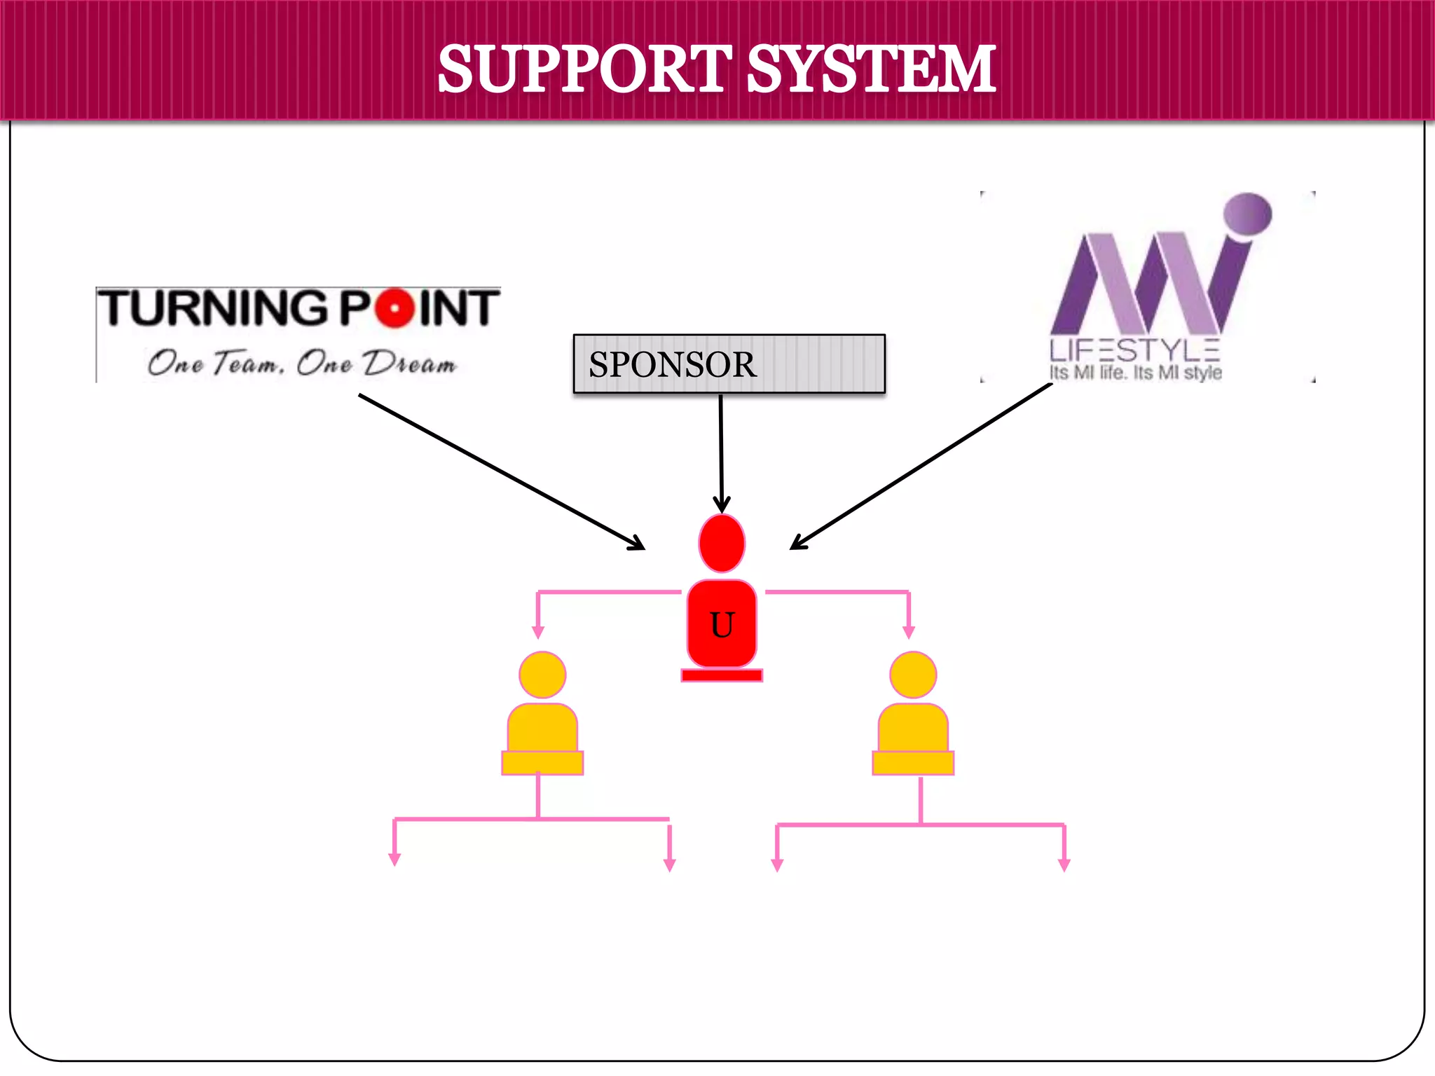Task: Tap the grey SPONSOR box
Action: point(729,364)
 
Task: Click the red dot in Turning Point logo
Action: point(396,308)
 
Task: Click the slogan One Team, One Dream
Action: point(301,363)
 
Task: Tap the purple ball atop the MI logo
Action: point(1248,214)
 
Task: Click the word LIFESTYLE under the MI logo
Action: point(1134,350)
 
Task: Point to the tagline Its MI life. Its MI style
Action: point(1135,373)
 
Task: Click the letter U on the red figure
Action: point(722,625)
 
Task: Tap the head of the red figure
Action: point(722,544)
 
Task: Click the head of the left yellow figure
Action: point(542,675)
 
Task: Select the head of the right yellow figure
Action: point(913,675)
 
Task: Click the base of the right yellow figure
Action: point(913,763)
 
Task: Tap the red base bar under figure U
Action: point(722,675)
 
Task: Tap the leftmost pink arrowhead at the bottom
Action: point(394,859)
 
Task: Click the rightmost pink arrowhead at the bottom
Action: point(1064,864)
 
